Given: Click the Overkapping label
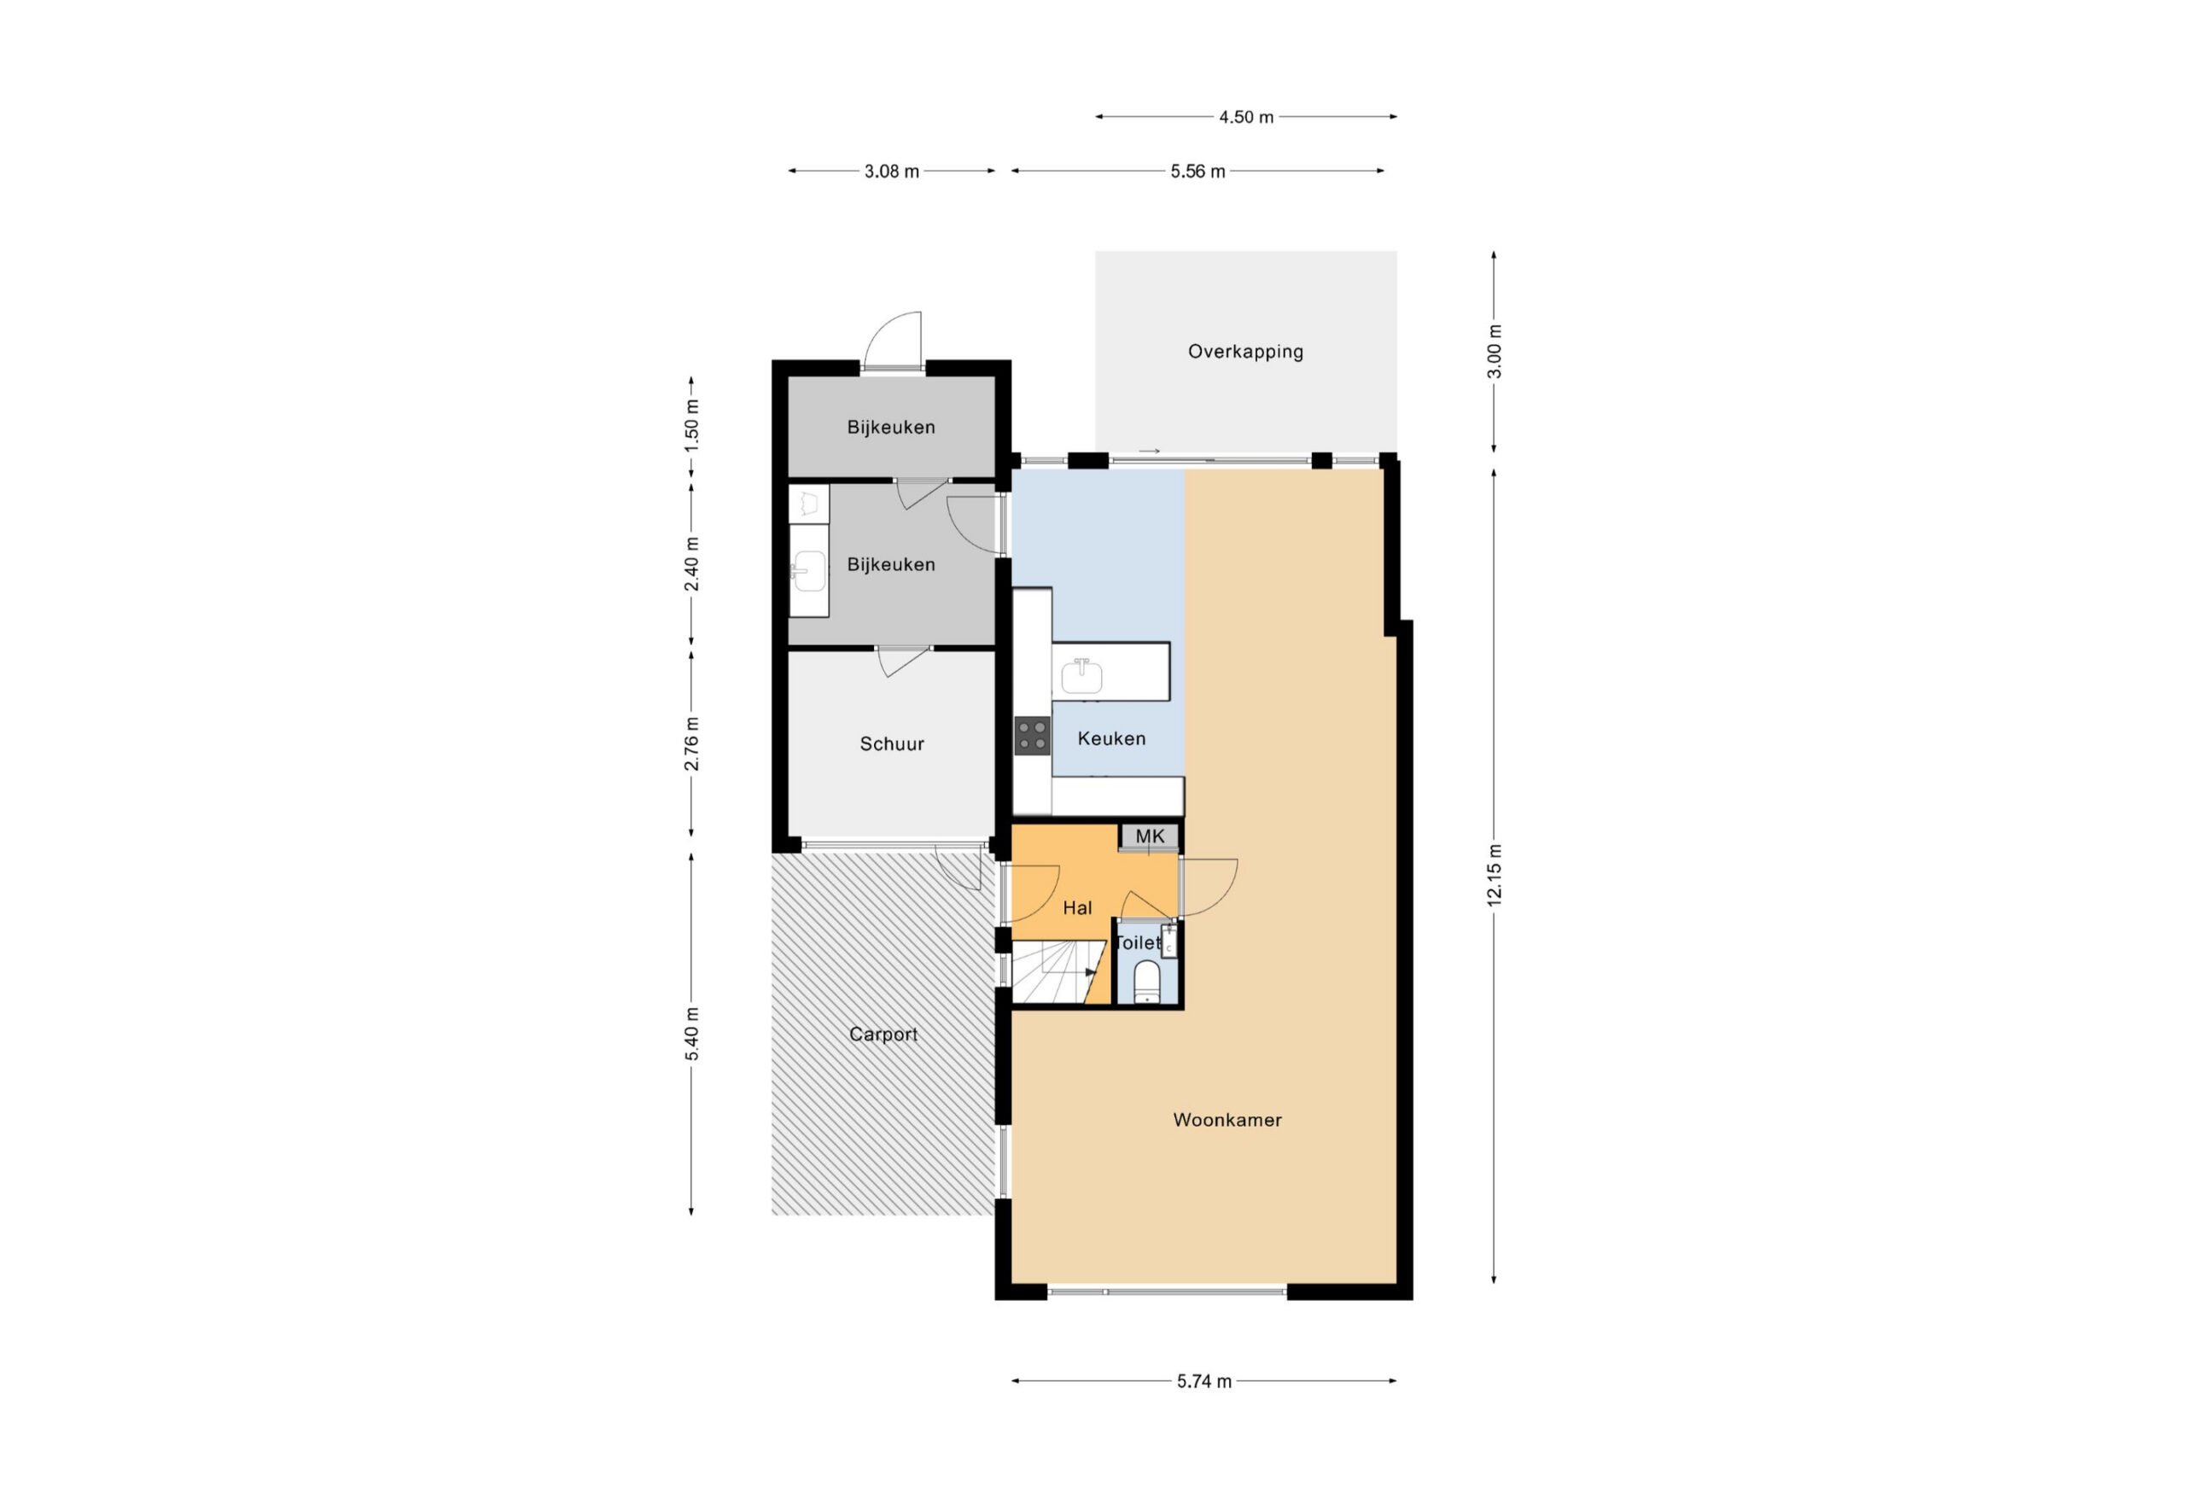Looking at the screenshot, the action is [x=1246, y=352].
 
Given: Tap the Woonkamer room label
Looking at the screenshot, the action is [x=1227, y=1120].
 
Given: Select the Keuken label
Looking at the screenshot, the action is [x=1111, y=738].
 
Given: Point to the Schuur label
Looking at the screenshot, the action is [x=891, y=743].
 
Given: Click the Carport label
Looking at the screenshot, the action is [x=883, y=1035].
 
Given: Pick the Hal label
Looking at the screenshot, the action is [x=1077, y=907].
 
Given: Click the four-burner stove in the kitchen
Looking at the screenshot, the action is [x=1033, y=736].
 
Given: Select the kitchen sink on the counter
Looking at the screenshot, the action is [x=1082, y=675].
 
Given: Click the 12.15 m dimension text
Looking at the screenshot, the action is [x=1494, y=875].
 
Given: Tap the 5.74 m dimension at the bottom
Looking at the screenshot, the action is [x=1203, y=1381].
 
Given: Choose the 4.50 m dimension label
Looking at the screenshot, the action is [x=1246, y=118].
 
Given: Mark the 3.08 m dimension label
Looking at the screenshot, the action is [x=891, y=172].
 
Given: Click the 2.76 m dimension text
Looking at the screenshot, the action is [x=691, y=743].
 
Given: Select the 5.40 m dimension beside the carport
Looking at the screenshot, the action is [x=691, y=1034].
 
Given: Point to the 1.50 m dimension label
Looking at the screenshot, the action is [x=691, y=426].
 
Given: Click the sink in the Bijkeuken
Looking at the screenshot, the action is [x=807, y=570].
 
